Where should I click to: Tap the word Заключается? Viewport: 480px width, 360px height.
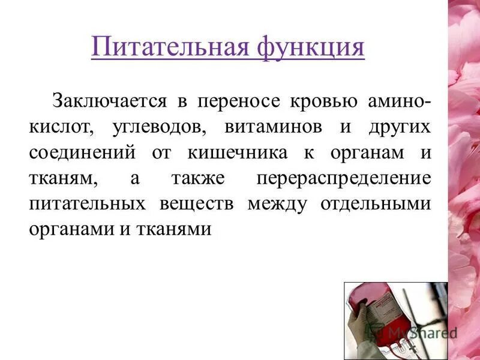coord(109,100)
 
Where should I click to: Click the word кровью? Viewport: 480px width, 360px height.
coord(316,100)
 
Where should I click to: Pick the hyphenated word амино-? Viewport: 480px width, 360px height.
coord(397,100)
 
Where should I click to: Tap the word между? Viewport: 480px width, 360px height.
coord(277,203)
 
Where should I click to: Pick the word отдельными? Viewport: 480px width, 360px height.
coord(374,203)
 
